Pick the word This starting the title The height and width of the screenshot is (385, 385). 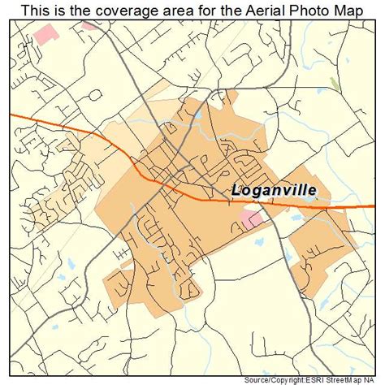point(36,9)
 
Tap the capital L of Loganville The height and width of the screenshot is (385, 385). point(237,190)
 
